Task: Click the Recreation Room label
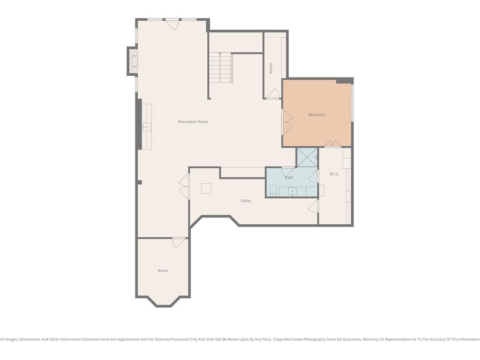click(x=193, y=122)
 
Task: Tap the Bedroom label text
click(x=316, y=115)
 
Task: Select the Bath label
click(x=289, y=178)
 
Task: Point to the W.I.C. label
click(x=334, y=174)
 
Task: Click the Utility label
click(x=246, y=201)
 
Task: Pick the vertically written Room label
click(x=270, y=68)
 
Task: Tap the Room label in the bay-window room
click(x=163, y=270)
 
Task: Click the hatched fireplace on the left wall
click(x=134, y=61)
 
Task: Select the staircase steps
click(x=220, y=67)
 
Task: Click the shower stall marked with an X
click(x=307, y=157)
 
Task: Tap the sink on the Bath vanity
click(x=292, y=192)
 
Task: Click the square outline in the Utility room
click(x=206, y=188)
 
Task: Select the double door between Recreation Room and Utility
click(x=184, y=187)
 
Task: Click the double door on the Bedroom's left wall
click(x=287, y=121)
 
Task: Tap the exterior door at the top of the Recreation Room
click(x=172, y=24)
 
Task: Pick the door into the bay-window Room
click(x=179, y=243)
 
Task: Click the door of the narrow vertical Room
click(x=272, y=94)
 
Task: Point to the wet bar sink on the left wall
click(x=147, y=127)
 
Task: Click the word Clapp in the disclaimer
click(x=278, y=339)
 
